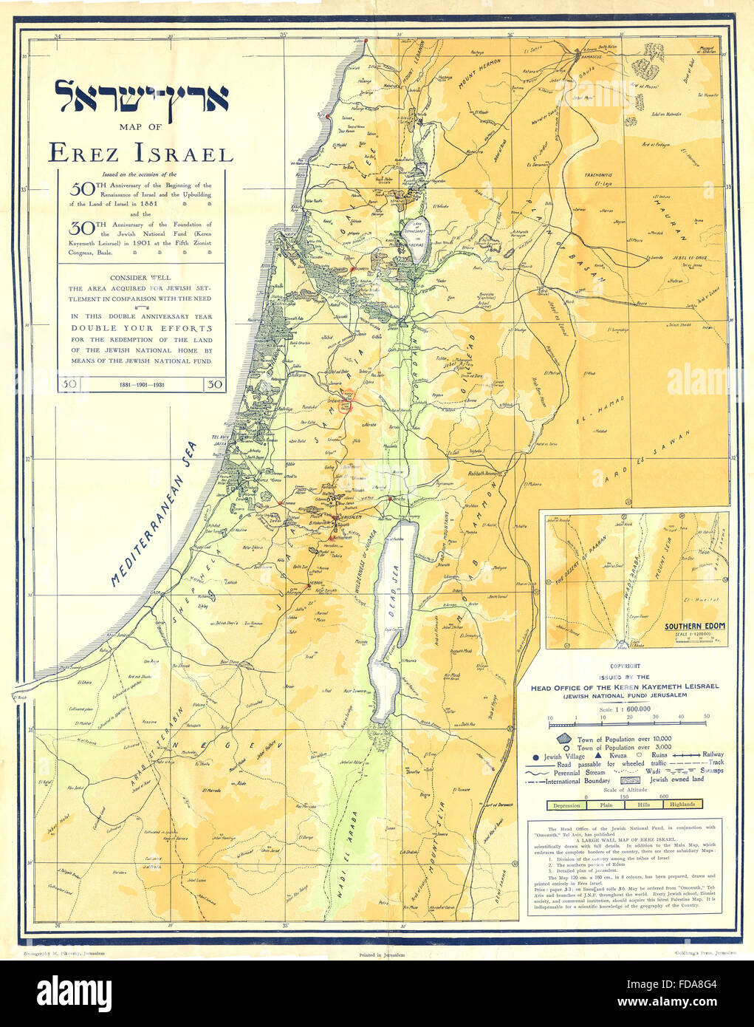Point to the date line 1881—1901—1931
pyautogui.click(x=142, y=385)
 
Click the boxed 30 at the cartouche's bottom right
pyautogui.click(x=214, y=384)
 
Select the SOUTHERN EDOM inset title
pyautogui.click(x=694, y=627)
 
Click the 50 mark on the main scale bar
pyautogui.click(x=706, y=717)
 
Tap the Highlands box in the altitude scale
pyautogui.click(x=683, y=804)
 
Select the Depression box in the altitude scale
pyautogui.click(x=567, y=804)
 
